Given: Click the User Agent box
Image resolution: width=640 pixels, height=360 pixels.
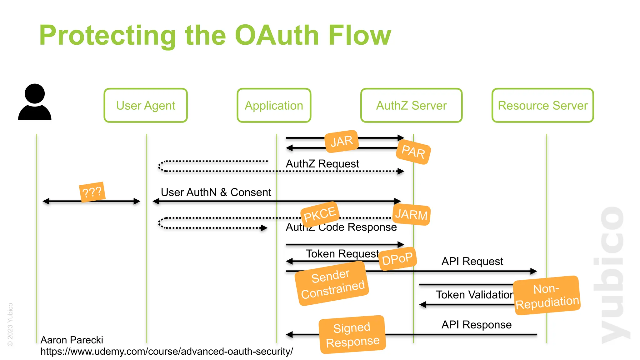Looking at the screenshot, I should (x=146, y=106).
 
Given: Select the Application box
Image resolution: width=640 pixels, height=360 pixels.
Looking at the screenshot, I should (x=274, y=106).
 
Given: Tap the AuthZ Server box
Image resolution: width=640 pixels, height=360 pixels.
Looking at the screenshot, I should (x=411, y=106).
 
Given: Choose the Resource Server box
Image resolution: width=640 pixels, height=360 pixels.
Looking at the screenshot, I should (x=542, y=106).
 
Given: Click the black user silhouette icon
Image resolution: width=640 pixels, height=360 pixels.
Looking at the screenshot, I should (x=35, y=102).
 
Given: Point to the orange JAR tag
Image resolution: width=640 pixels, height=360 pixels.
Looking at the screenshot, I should (x=342, y=142).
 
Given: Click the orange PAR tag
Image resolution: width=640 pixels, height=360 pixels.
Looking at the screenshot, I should (x=413, y=152).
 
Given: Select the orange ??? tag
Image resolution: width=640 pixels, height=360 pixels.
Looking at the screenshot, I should (x=92, y=192).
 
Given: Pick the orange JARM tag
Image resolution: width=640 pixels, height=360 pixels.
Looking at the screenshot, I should (x=411, y=215).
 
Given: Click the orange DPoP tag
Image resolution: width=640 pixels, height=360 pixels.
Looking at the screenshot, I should (x=397, y=259).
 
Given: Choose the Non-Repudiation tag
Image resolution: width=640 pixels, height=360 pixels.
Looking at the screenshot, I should (x=547, y=295).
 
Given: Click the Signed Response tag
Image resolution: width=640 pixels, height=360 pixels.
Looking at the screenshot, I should (x=352, y=335).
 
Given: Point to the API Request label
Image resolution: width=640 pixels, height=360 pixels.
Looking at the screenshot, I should (x=472, y=261).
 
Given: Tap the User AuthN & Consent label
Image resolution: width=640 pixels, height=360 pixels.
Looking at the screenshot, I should (x=216, y=192).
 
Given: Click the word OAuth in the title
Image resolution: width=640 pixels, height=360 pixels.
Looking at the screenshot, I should (x=276, y=35).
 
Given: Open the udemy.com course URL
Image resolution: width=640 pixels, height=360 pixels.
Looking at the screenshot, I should (x=167, y=352).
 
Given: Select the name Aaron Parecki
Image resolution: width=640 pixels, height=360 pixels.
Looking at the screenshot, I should (x=72, y=340).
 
